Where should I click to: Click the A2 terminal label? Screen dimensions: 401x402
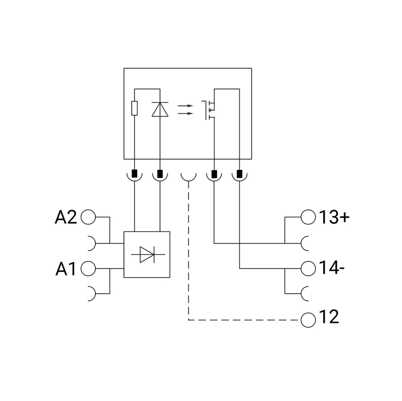66,217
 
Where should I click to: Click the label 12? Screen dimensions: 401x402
329,317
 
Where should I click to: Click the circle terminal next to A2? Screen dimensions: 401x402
88,217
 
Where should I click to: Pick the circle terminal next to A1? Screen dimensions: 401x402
88,269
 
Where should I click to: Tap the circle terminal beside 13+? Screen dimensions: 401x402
308,217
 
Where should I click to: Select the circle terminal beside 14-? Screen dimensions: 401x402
308,269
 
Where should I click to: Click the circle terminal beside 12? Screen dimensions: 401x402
308,320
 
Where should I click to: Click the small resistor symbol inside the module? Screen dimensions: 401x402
134,108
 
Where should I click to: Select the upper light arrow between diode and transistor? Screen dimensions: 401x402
185,106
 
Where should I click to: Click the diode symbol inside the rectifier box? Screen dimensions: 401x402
147,255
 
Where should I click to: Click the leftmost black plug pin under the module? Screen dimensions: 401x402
134,174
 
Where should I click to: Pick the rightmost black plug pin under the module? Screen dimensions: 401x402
240,174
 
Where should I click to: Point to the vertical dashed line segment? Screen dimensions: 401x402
189,251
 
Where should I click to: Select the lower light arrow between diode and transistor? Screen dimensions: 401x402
185,113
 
